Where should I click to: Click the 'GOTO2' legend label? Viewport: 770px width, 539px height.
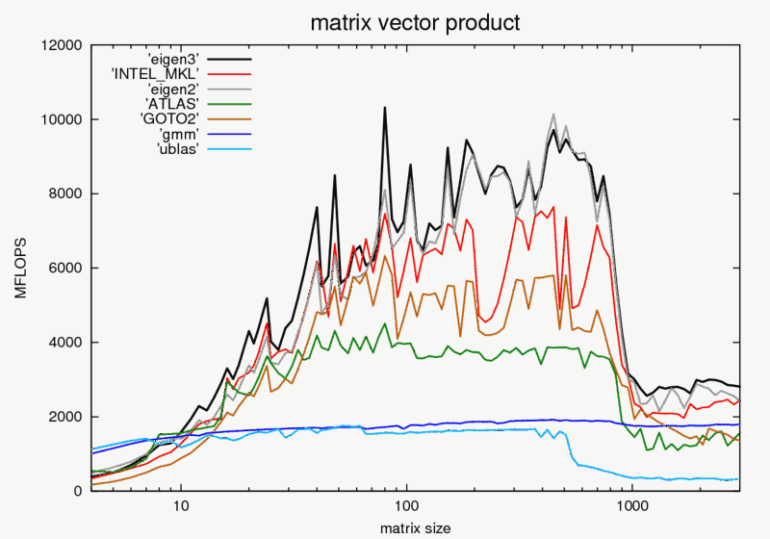pyautogui.click(x=171, y=118)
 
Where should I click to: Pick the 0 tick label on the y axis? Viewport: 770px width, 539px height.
pyautogui.click(x=78, y=491)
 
